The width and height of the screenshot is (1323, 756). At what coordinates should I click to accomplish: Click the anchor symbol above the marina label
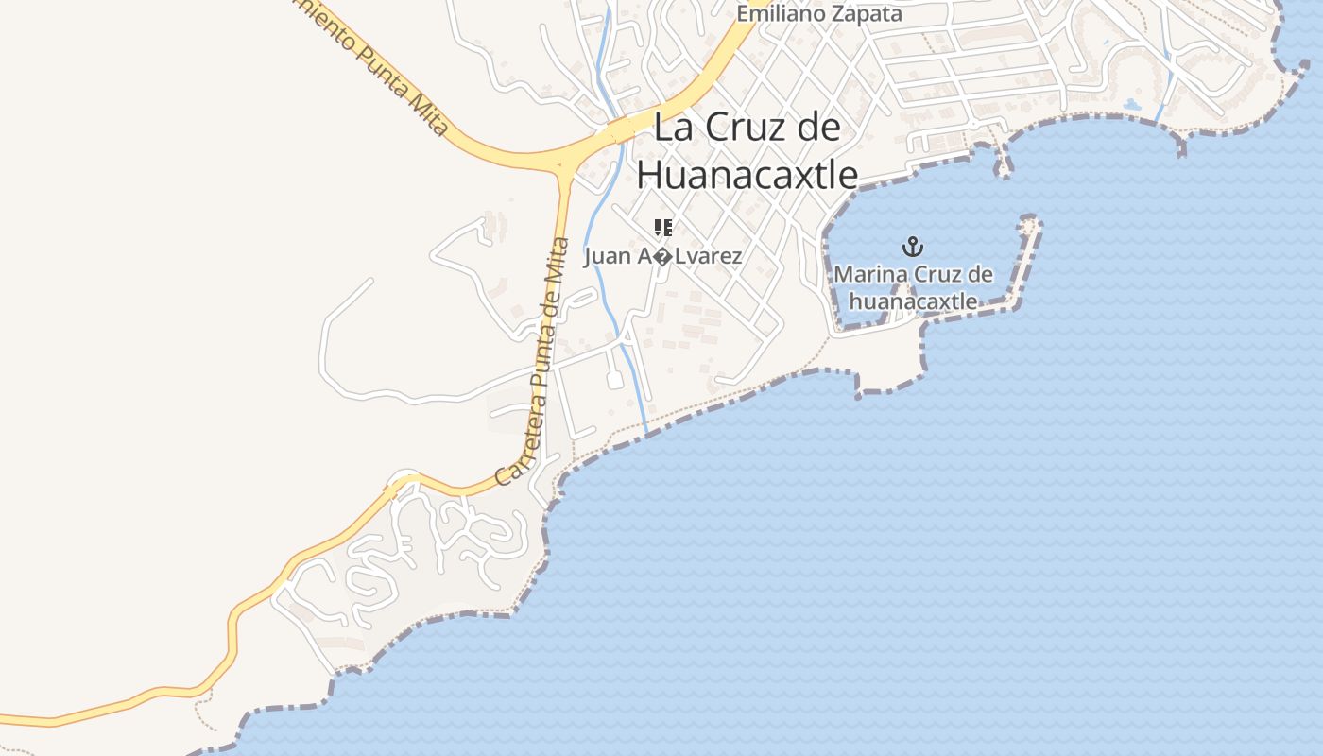pyautogui.click(x=912, y=248)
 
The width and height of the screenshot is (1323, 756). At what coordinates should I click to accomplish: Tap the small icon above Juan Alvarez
pyautogui.click(x=663, y=227)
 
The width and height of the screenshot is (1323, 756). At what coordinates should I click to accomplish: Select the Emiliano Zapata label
pyautogui.click(x=819, y=14)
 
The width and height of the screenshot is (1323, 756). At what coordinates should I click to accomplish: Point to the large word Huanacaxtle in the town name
pyautogui.click(x=747, y=175)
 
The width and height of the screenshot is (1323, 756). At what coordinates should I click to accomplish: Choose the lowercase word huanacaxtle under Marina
pyautogui.click(x=913, y=301)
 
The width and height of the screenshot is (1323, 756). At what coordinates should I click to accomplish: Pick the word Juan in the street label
pyautogui.click(x=604, y=256)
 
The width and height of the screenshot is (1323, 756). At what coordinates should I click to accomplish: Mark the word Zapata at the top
pyautogui.click(x=870, y=14)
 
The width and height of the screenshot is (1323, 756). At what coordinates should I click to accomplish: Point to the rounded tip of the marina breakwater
pyautogui.click(x=1029, y=224)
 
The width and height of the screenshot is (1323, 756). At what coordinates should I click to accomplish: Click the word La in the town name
pyautogui.click(x=673, y=128)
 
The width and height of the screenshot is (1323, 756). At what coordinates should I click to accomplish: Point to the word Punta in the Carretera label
pyautogui.click(x=540, y=365)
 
